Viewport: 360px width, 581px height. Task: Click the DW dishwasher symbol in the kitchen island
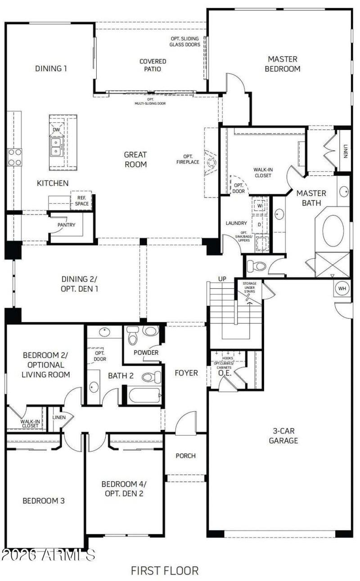point(57,130)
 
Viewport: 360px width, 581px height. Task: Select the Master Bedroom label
point(283,64)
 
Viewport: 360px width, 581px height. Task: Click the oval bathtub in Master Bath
point(333,231)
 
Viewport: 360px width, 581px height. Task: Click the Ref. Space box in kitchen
point(82,201)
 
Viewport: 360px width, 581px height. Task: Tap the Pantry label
point(66,225)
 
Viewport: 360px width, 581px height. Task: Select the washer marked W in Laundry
point(260,206)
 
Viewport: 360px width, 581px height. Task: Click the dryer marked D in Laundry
point(260,224)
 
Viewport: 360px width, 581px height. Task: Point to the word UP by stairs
point(222,279)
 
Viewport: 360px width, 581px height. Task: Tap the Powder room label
point(146,353)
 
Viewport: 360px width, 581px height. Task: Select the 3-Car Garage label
point(283,435)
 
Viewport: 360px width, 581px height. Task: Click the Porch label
point(185,456)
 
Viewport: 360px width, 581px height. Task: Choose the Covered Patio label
point(153,65)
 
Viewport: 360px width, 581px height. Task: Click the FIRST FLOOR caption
point(165,571)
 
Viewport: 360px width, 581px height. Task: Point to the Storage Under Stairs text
point(249,287)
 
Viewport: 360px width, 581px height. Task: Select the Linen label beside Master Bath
point(345,152)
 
